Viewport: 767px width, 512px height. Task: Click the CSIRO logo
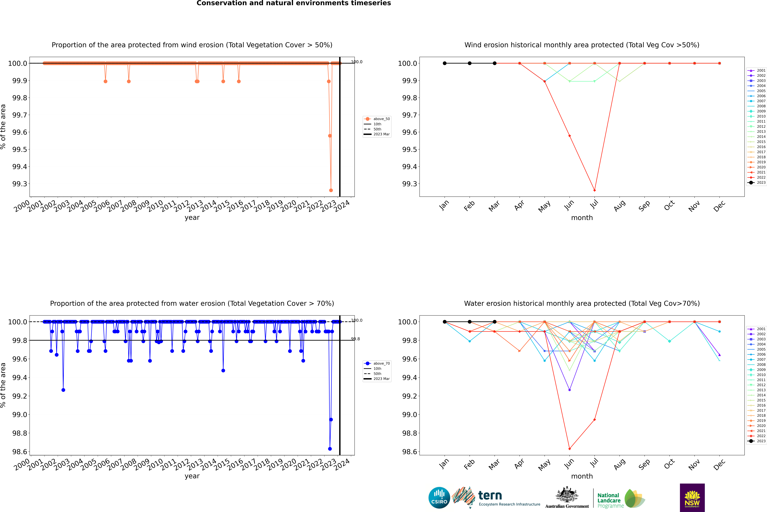coord(439,498)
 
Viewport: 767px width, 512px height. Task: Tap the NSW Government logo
coord(692,498)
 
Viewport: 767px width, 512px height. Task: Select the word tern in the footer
coord(490,496)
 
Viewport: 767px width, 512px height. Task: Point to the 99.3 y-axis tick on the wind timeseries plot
coord(20,184)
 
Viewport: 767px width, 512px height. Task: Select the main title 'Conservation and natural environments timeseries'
coord(294,3)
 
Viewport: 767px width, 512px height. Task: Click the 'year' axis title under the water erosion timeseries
coord(192,476)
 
